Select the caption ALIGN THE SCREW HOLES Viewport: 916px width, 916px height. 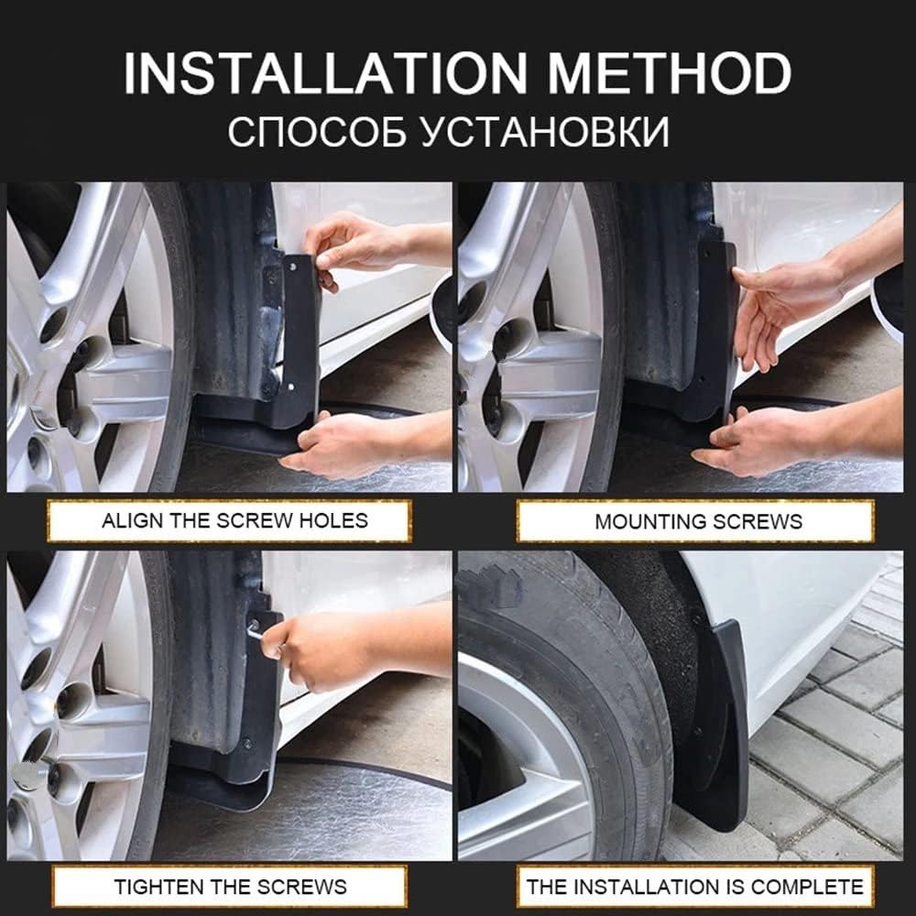click(x=234, y=521)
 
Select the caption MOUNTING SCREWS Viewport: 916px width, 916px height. click(x=698, y=521)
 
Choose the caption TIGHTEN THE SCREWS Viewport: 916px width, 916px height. click(x=230, y=887)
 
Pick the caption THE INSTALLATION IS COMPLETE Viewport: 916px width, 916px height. click(x=694, y=887)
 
